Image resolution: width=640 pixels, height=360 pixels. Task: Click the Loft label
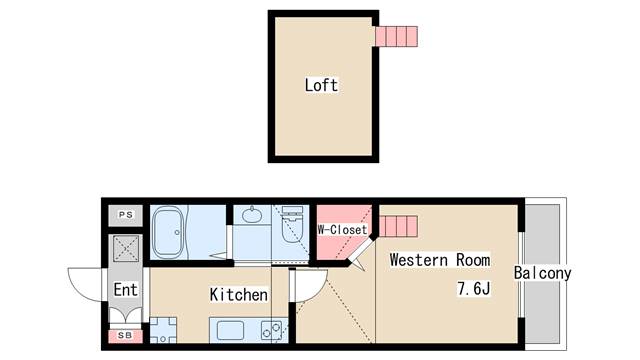(x=321, y=85)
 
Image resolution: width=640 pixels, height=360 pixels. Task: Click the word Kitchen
(x=238, y=295)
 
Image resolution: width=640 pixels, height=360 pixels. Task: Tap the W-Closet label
(x=342, y=230)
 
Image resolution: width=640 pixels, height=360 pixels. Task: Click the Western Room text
(x=440, y=260)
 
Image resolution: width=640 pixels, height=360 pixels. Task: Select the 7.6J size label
(x=474, y=289)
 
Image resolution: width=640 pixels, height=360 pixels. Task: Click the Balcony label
(x=542, y=273)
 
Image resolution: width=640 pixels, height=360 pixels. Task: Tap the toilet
(x=292, y=219)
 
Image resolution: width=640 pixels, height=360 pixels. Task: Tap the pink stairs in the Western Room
(x=397, y=227)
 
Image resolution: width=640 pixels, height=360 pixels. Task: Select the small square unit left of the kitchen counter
(x=163, y=330)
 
